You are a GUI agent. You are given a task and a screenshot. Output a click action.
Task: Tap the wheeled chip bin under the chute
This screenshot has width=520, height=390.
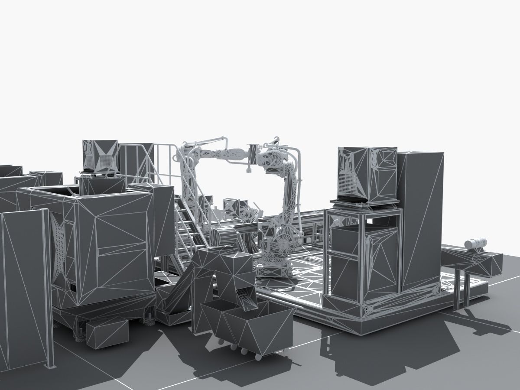(247, 325)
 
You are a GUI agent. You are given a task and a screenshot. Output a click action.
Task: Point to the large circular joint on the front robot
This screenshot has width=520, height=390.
(284, 241)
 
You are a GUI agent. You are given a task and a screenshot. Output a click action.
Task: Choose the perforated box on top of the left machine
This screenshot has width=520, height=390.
(101, 156)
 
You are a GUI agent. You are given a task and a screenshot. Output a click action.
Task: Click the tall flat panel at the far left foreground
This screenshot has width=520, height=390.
(24, 290)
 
